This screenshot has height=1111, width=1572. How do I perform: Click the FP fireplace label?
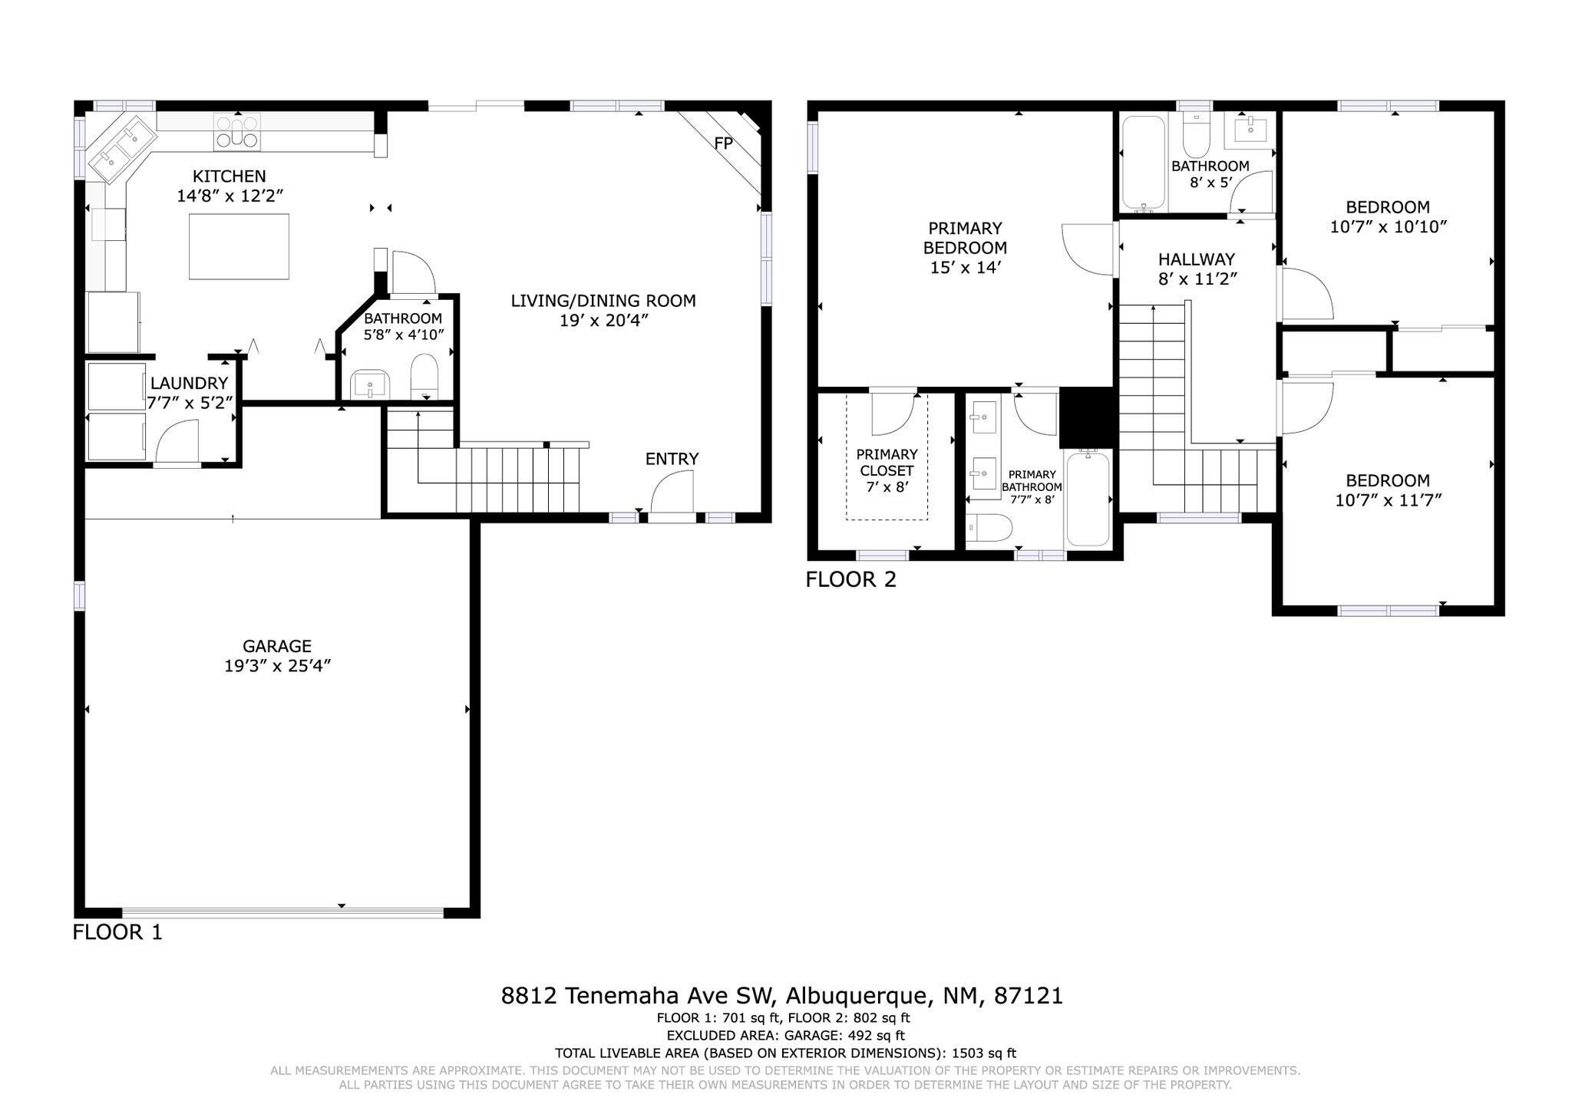click(x=723, y=143)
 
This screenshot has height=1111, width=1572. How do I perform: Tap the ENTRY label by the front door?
click(x=672, y=459)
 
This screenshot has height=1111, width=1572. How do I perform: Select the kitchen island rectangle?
click(x=239, y=246)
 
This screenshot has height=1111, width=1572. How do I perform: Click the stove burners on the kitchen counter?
click(x=237, y=130)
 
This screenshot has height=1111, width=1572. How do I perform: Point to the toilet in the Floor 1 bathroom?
click(x=424, y=376)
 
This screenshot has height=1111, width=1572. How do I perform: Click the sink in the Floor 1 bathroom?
click(x=370, y=384)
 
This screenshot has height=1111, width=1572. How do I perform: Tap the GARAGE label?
click(x=277, y=646)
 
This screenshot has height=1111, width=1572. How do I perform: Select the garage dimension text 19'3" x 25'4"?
click(x=277, y=666)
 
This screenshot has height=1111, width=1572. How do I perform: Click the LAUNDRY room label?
click(x=189, y=383)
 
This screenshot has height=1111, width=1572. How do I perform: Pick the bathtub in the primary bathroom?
click(x=1088, y=499)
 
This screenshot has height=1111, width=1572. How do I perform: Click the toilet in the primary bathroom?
click(x=989, y=527)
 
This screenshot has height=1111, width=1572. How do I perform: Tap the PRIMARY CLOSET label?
click(x=887, y=462)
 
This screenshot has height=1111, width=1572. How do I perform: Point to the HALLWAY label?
click(x=1197, y=259)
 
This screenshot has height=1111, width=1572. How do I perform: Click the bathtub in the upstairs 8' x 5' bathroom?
click(x=1143, y=163)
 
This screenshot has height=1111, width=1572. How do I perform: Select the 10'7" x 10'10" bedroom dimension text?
click(x=1389, y=227)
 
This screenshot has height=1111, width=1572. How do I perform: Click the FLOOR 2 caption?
click(x=850, y=579)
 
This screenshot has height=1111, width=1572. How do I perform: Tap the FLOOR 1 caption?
click(x=117, y=932)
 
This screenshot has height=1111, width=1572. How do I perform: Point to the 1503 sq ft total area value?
click(x=984, y=1053)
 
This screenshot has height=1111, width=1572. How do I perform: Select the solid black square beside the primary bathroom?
click(x=1086, y=417)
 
